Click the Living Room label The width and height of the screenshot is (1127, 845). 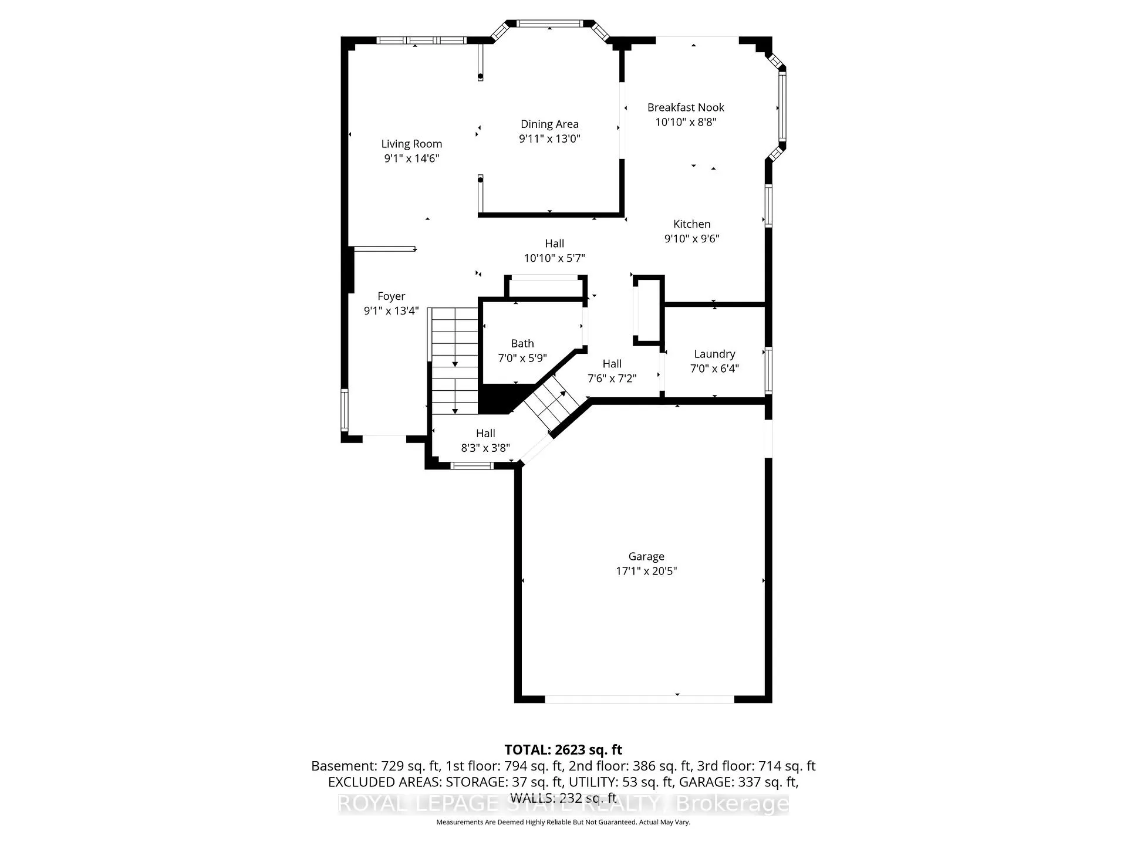point(411,144)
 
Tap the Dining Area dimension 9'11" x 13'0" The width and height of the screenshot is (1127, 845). point(549,138)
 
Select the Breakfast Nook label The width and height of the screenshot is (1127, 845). point(686,107)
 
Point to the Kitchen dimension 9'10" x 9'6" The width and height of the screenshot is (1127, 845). point(692,238)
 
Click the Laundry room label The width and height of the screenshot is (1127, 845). point(714,354)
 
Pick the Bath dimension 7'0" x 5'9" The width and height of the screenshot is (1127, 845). point(522,357)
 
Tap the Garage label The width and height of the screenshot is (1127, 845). point(646,556)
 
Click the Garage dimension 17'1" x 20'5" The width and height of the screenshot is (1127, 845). point(646,571)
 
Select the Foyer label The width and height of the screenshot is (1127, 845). point(392,296)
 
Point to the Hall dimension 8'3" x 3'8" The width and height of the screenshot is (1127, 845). point(485,448)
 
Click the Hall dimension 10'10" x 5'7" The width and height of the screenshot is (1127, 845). point(555,258)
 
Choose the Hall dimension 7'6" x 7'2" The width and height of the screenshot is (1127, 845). point(612,378)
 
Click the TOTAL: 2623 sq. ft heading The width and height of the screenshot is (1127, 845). point(563,749)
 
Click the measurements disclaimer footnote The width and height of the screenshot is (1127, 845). point(563,822)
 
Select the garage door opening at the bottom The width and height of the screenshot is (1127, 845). point(640,699)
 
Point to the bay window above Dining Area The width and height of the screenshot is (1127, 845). point(550,29)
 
